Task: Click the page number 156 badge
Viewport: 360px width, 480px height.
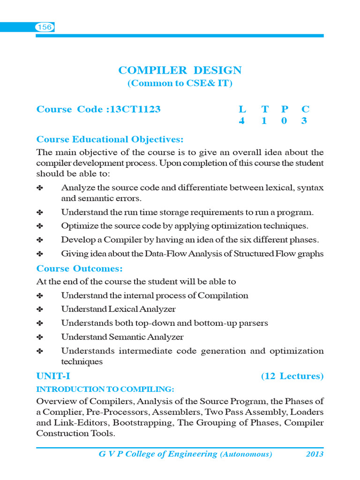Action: click(45, 28)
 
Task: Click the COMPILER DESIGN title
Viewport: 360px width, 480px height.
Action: click(180, 71)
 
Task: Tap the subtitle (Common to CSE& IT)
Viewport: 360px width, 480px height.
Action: click(180, 84)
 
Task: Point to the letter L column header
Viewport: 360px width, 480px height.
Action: click(242, 110)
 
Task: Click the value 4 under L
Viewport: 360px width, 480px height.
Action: click(242, 121)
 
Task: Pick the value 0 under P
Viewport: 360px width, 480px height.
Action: click(285, 121)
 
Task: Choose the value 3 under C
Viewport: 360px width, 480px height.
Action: click(305, 121)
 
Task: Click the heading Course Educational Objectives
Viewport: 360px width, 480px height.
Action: click(110, 140)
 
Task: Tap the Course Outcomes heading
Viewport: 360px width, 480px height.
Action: click(80, 269)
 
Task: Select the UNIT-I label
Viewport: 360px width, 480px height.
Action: click(53, 376)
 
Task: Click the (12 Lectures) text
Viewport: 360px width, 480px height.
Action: click(292, 376)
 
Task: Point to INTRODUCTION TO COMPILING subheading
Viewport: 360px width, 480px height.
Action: click(105, 390)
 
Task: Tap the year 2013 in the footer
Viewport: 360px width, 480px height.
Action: click(315, 454)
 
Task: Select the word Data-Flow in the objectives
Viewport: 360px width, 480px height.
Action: click(180, 254)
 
